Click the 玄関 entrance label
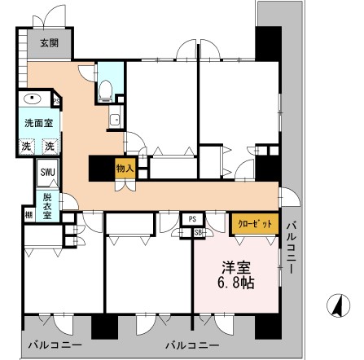point(39,42)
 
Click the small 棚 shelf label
point(28,213)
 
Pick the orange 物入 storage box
point(125,169)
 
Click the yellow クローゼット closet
point(253,222)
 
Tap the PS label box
point(193,219)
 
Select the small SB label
point(198,232)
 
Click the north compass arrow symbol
point(333,307)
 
